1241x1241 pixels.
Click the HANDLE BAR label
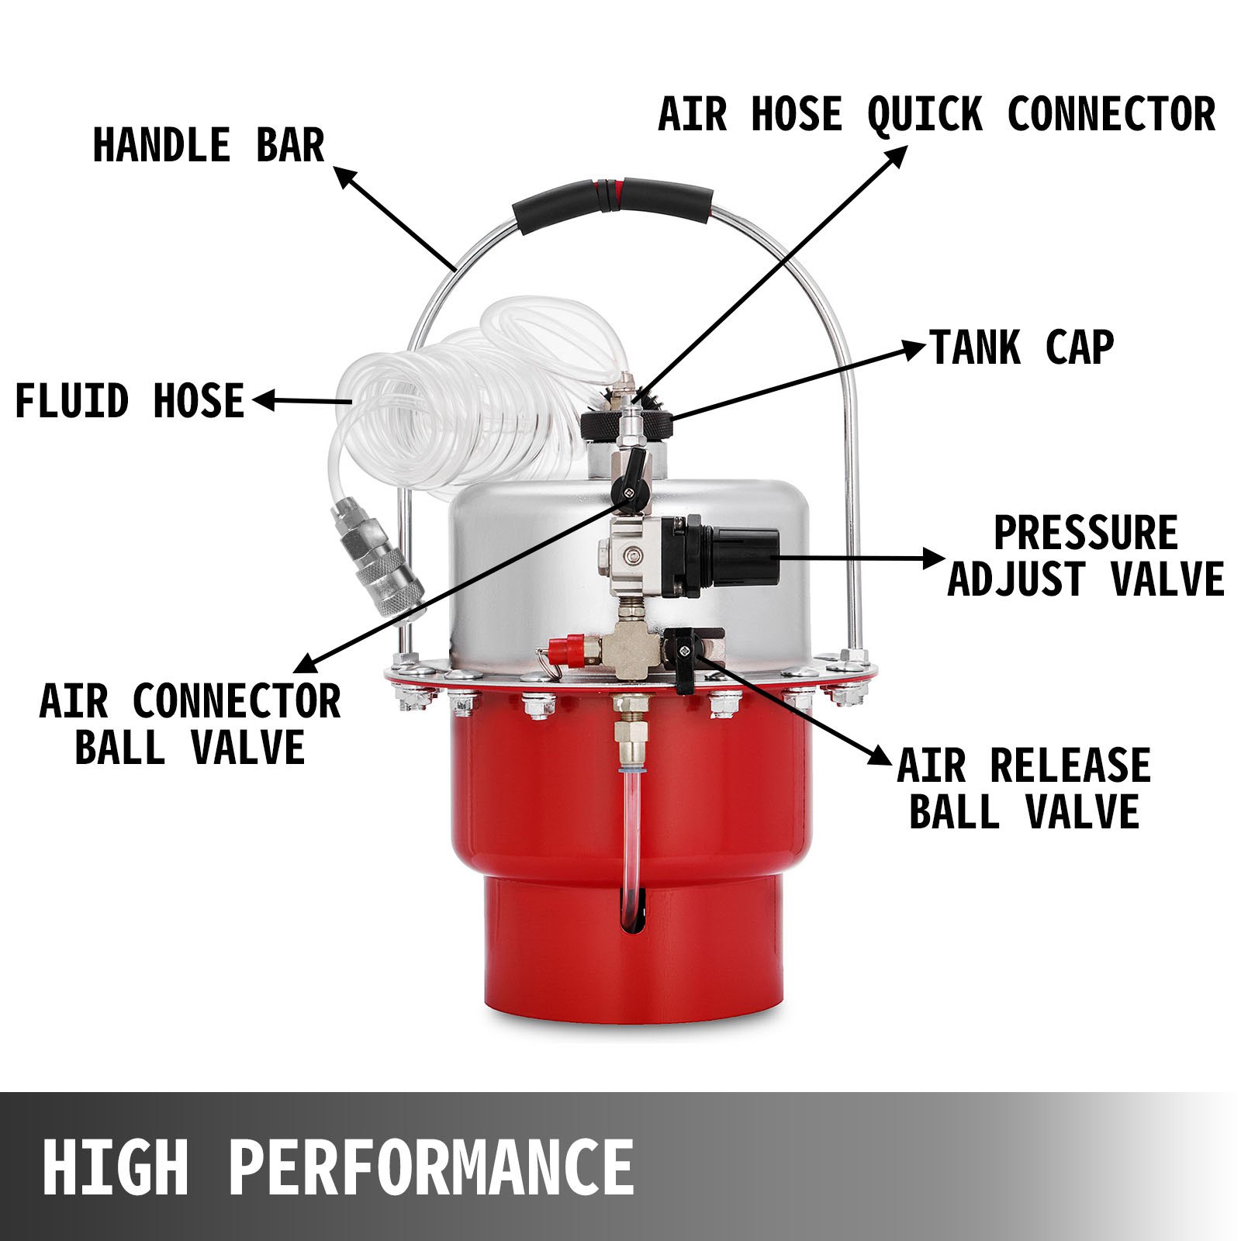[x=208, y=145]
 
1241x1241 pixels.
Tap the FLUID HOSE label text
[x=130, y=401]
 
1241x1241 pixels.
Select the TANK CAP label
[x=1021, y=347]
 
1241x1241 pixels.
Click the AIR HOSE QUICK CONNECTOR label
[x=936, y=115]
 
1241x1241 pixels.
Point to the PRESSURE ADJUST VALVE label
[x=1085, y=556]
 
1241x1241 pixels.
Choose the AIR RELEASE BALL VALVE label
[x=1024, y=789]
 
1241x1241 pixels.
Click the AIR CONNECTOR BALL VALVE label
[x=190, y=724]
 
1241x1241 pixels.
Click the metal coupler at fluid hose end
[x=378, y=557]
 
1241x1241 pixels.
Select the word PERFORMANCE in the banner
[x=431, y=1167]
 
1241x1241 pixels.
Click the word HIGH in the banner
[x=116, y=1167]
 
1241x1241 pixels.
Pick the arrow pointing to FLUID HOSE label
[x=302, y=401]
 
